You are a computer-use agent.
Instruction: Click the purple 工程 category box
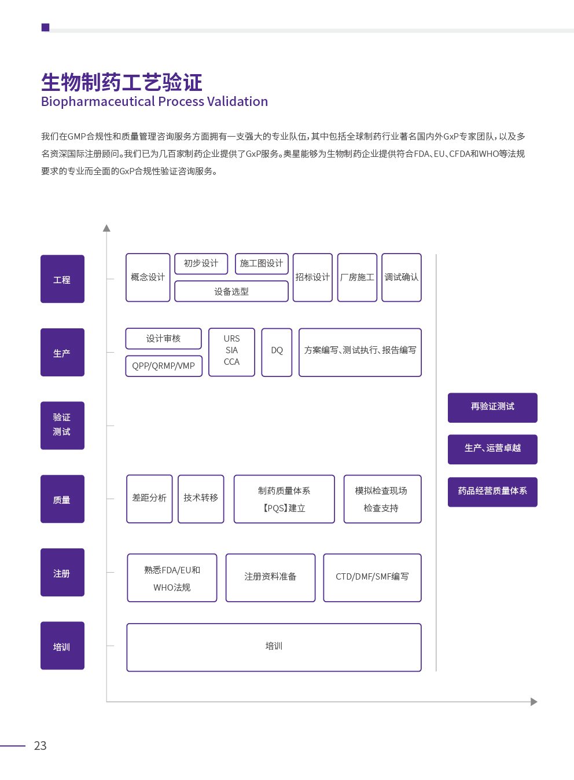click(x=62, y=279)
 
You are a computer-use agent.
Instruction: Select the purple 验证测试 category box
click(x=62, y=425)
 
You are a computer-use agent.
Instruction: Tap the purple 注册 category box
click(x=62, y=572)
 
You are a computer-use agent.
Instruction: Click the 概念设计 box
click(x=148, y=277)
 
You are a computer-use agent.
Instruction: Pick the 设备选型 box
click(x=231, y=291)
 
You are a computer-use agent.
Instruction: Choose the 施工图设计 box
click(x=262, y=263)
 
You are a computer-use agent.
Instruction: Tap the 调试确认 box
click(x=402, y=277)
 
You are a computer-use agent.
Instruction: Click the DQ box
click(x=277, y=352)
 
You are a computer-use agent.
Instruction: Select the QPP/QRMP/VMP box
click(x=164, y=366)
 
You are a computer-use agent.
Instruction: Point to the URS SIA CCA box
click(x=231, y=352)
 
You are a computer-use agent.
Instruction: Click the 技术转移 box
click(x=201, y=499)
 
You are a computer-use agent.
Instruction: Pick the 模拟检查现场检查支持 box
click(x=382, y=499)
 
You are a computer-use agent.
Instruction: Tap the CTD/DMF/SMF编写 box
click(x=372, y=578)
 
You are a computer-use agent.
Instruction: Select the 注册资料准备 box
click(x=270, y=578)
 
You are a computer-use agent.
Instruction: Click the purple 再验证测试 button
click(x=492, y=408)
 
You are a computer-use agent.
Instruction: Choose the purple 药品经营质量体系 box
click(x=492, y=492)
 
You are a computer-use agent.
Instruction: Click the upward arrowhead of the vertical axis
click(x=106, y=228)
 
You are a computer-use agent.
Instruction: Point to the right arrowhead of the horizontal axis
click(x=534, y=702)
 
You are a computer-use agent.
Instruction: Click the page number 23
click(x=40, y=745)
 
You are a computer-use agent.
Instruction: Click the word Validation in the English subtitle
click(x=237, y=101)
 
